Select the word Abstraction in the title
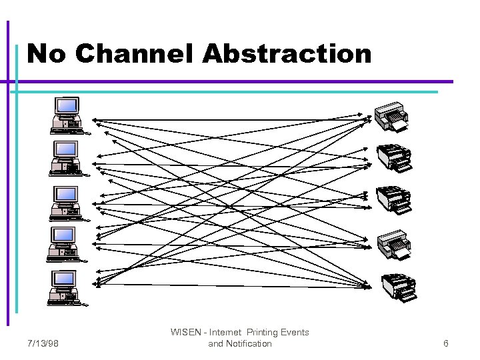pos(287,53)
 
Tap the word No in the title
pos(47,53)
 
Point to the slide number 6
pos(446,343)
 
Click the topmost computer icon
pos(67,115)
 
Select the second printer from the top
pos(394,159)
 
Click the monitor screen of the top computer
pos(67,105)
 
